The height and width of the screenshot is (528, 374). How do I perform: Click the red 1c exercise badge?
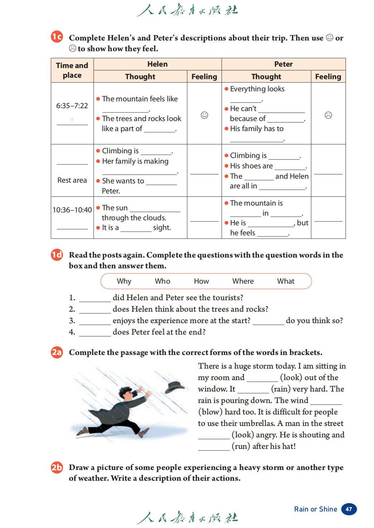57,37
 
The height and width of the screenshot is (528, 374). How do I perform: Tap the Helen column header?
157,64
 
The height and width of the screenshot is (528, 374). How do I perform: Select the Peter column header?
283,64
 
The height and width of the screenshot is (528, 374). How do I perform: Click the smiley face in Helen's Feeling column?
204,115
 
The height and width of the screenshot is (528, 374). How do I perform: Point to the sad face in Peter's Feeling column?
328,115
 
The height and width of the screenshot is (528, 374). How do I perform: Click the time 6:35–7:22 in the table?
72,106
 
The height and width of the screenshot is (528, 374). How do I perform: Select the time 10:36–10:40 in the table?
72,210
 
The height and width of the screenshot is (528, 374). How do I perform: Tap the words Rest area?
72,180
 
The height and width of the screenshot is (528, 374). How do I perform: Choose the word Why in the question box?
124,281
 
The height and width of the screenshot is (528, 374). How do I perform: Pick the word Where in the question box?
243,281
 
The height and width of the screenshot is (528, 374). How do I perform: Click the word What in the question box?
285,281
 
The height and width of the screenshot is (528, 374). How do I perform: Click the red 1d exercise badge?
57,255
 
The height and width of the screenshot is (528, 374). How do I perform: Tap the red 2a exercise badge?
57,352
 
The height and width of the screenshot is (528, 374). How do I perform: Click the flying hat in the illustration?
175,387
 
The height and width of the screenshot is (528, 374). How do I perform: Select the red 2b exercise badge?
57,467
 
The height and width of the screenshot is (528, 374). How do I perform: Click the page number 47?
349,509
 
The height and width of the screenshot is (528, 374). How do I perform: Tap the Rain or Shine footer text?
316,509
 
